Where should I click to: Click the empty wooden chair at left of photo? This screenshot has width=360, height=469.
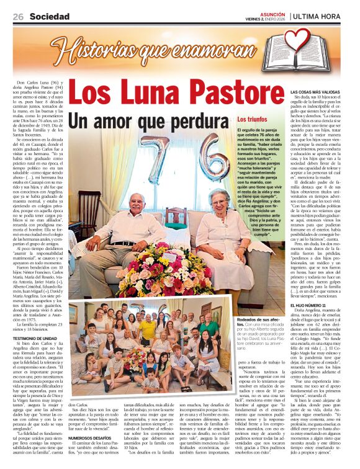(x=89, y=211)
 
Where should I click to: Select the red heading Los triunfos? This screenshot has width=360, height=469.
(x=252, y=118)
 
